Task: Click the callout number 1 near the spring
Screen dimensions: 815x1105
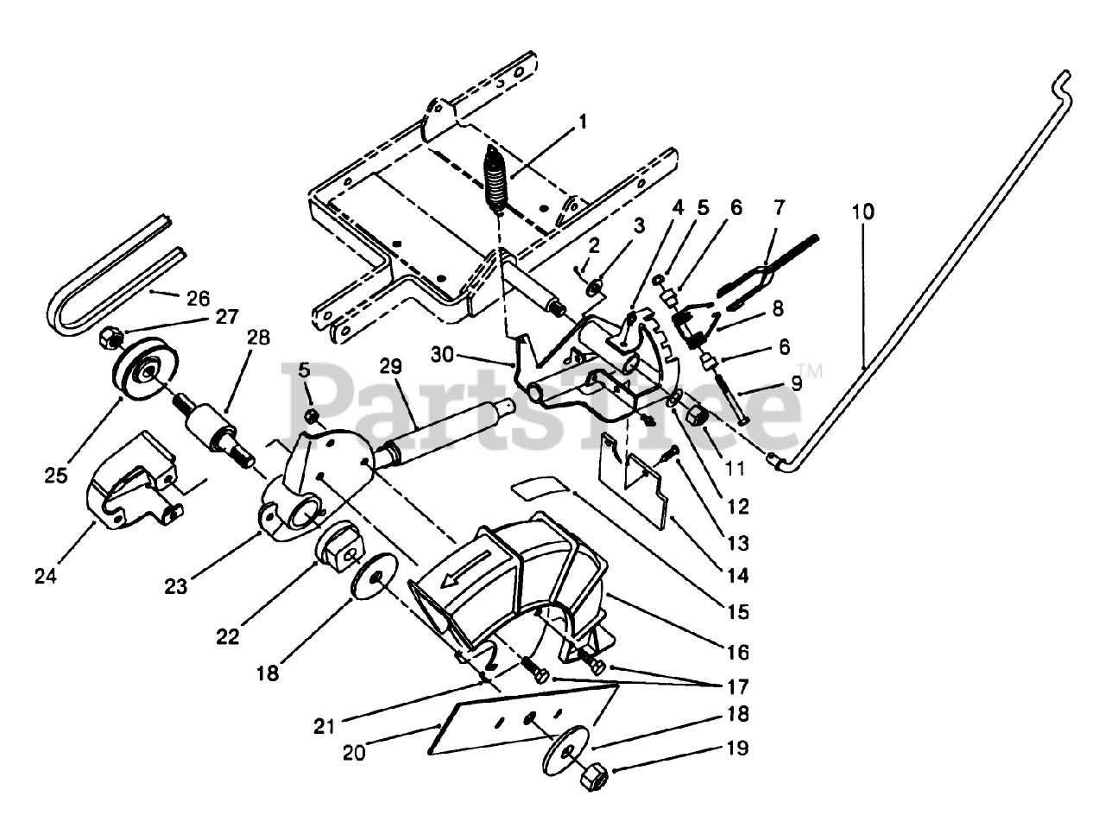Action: [583, 122]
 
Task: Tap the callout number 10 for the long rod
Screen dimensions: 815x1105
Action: [866, 211]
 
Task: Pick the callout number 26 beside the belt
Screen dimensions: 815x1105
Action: [199, 299]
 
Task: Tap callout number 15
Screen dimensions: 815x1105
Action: [739, 612]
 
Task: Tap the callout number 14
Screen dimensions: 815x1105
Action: [739, 574]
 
